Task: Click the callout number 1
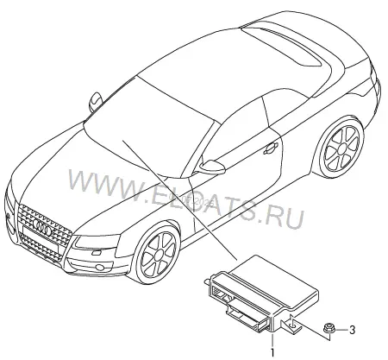tap(272, 352)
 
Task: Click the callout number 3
tap(352, 330)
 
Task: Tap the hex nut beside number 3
tap(328, 328)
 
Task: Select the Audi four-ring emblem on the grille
tap(42, 227)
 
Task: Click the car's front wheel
tap(158, 254)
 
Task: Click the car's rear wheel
tap(342, 148)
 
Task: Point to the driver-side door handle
tap(271, 148)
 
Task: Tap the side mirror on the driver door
tap(211, 167)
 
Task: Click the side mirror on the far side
tap(96, 101)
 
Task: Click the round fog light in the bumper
tap(100, 267)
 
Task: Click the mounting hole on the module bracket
tap(293, 326)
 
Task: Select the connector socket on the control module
tap(224, 294)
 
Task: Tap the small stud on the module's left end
tap(206, 281)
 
